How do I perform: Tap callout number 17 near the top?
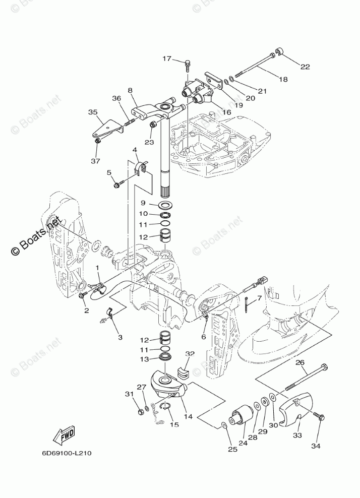click(x=167, y=59)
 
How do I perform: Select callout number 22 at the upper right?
click(x=306, y=67)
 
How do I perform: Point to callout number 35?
click(x=93, y=112)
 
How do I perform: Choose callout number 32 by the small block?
click(x=190, y=354)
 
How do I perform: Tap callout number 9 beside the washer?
click(x=143, y=203)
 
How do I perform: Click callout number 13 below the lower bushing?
click(x=143, y=359)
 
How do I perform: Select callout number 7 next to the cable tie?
click(x=260, y=298)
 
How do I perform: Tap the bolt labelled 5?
click(x=117, y=185)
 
